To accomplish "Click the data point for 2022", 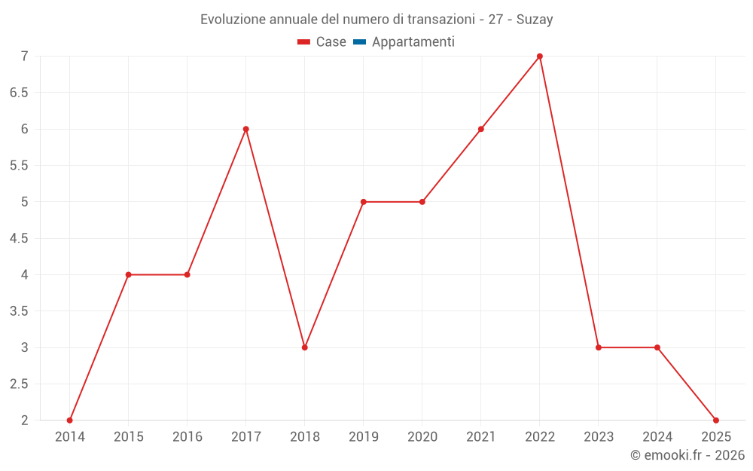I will click(x=540, y=57).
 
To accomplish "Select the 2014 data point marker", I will click(x=70, y=420).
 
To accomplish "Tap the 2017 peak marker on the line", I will click(x=246, y=129).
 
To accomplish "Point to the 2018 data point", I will click(x=305, y=347).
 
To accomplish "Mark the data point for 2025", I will click(x=716, y=420).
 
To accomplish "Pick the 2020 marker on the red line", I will click(x=422, y=202).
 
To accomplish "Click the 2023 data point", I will click(x=599, y=347).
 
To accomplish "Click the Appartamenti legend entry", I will click(x=413, y=42).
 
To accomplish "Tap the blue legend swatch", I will click(x=359, y=42).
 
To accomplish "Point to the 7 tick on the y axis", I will click(x=24, y=57).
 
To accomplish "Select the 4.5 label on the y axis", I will click(x=19, y=238).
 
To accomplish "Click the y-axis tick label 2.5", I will click(x=19, y=384).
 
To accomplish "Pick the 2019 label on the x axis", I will click(x=364, y=437).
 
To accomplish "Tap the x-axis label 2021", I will click(x=481, y=437).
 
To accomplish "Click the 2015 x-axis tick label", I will click(x=129, y=437).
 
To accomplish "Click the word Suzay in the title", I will click(x=535, y=20).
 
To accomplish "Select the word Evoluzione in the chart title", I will click(x=233, y=20).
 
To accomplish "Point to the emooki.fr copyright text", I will click(x=687, y=455).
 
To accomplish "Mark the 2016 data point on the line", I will click(x=187, y=274).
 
